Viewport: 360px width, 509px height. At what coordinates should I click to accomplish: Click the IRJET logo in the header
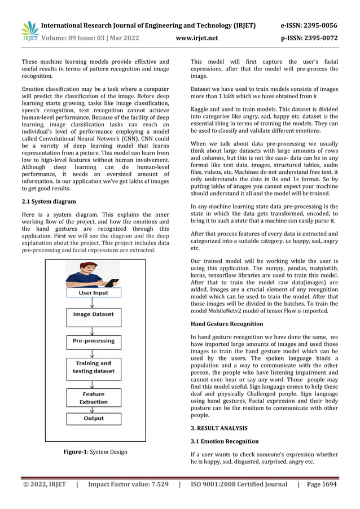point(29,31)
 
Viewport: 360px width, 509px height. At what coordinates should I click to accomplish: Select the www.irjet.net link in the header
point(197,38)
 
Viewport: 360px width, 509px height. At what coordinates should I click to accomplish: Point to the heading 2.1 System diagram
point(49,201)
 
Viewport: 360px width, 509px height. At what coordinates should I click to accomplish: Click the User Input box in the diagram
point(93,293)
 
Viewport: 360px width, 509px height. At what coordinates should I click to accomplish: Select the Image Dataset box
point(93,314)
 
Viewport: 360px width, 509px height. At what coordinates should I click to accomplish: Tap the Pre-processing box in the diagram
point(93,341)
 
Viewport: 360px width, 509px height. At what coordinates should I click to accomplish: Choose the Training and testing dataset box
point(93,367)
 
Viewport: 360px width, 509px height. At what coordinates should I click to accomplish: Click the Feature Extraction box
point(93,398)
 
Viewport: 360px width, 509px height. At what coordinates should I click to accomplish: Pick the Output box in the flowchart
point(93,418)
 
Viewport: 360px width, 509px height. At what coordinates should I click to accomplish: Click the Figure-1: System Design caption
point(95,451)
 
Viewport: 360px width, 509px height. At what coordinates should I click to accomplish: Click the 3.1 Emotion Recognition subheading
point(225,441)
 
